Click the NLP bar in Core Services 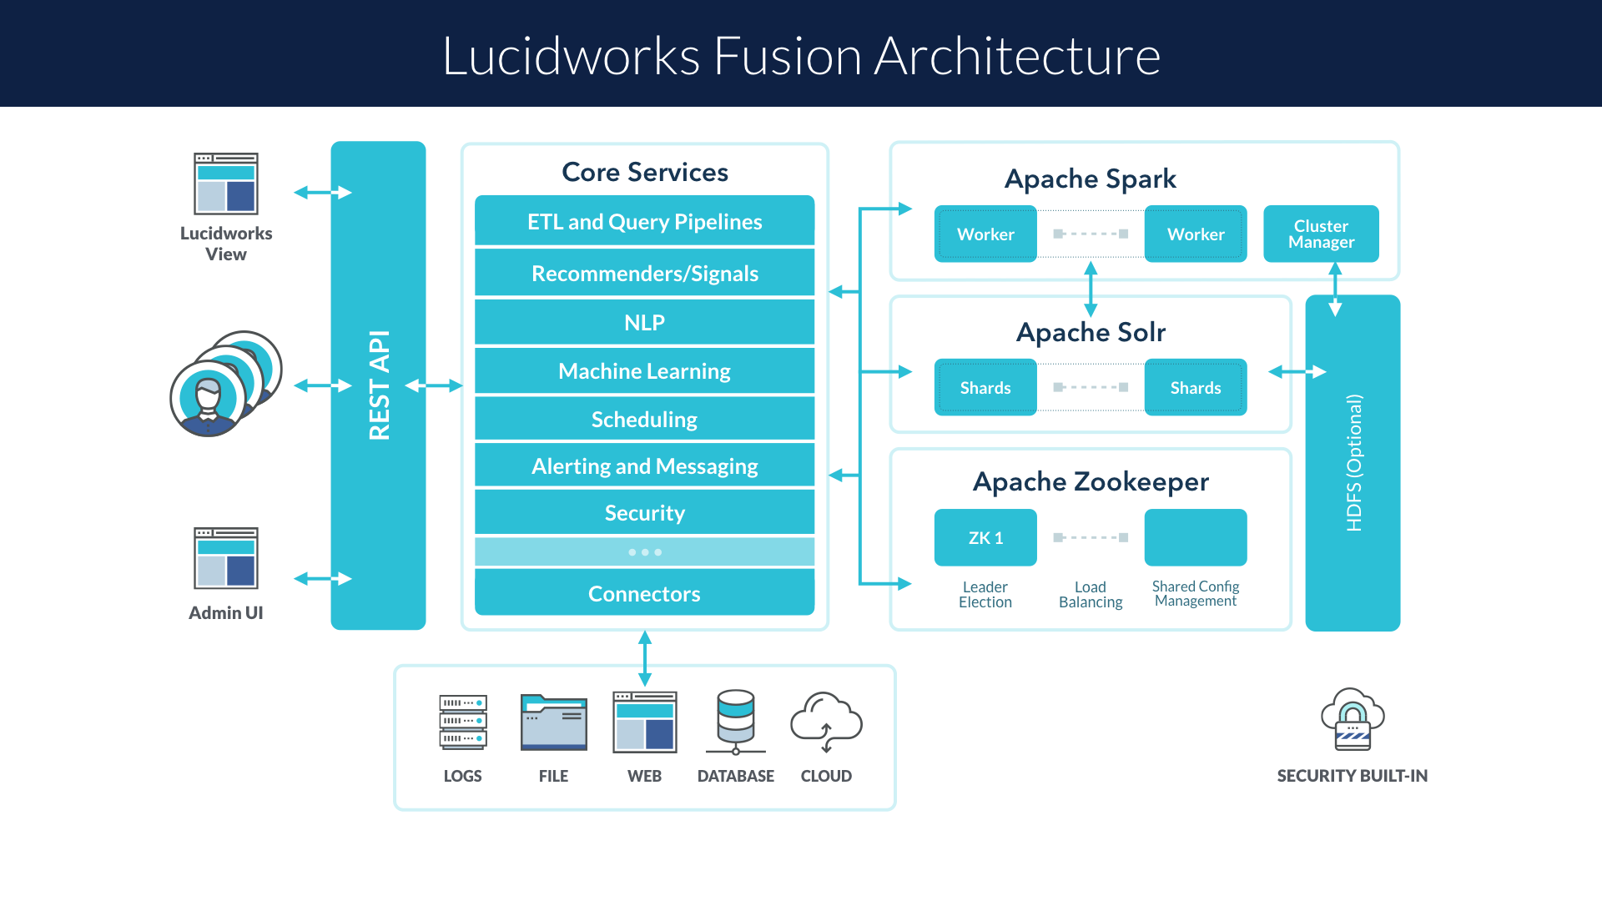(644, 323)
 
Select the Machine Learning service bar (644, 371)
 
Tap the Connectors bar (644, 593)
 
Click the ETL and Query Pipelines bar (644, 222)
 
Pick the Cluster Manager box (1321, 234)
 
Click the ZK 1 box (985, 538)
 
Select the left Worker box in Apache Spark (985, 234)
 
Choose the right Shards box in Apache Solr (1196, 388)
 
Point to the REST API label (379, 385)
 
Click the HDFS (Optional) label (1353, 463)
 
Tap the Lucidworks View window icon (226, 184)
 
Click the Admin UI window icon (226, 558)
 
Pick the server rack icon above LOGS (463, 722)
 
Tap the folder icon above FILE (554, 722)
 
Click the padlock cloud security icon (1353, 719)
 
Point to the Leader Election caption (985, 595)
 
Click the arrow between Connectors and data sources (645, 658)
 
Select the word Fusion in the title (787, 57)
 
